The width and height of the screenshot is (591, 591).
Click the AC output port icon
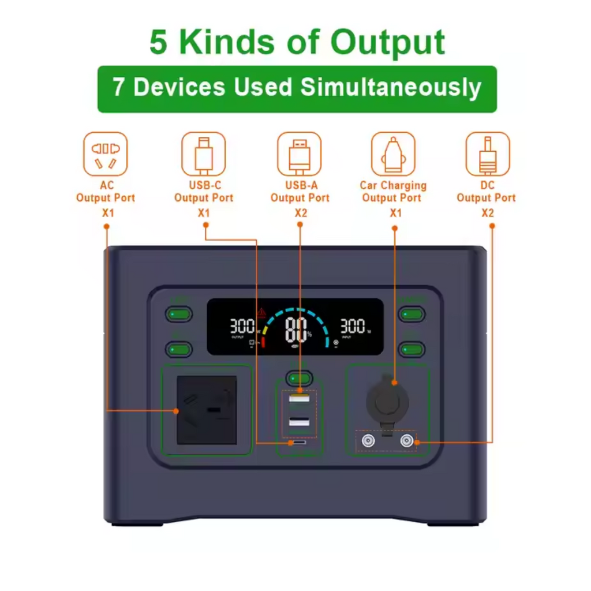(105, 154)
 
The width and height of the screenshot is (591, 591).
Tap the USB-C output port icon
(203, 154)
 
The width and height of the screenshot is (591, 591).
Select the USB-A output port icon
(299, 154)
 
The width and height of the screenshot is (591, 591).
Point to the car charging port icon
(393, 154)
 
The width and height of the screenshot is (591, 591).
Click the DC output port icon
(488, 154)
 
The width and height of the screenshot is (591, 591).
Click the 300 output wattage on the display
(242, 326)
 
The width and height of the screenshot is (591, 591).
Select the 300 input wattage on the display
(352, 326)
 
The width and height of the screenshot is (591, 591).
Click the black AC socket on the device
(207, 410)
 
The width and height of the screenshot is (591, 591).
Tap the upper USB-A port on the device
(299, 399)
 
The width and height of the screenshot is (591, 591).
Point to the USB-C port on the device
(299, 443)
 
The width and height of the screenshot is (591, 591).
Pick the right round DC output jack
(408, 442)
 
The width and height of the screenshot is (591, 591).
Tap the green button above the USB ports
(299, 379)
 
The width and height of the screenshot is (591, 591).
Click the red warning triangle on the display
(261, 312)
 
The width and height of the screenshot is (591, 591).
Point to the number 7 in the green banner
(118, 88)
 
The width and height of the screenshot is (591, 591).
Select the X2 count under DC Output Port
(488, 213)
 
